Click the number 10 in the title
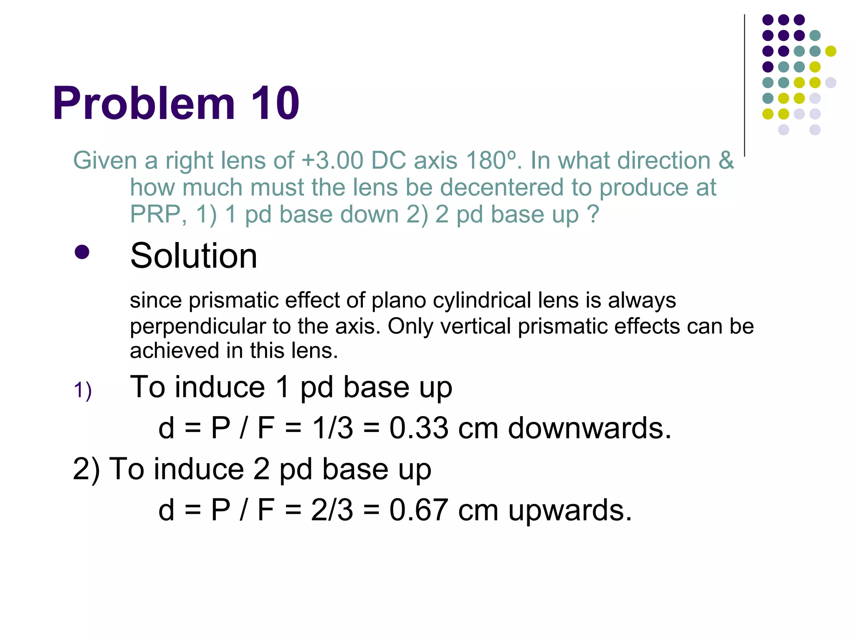[275, 103]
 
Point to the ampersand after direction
[726, 161]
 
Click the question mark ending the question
[593, 215]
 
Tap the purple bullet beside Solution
[82, 252]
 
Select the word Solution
[194, 256]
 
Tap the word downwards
[589, 428]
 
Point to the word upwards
[569, 511]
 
